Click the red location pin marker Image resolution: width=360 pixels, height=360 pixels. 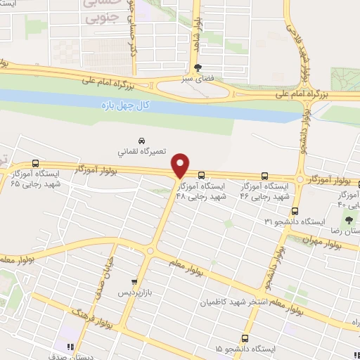coord(181,165)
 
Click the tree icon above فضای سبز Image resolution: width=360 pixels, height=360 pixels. coord(197,67)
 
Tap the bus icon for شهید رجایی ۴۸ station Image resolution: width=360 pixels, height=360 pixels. coord(202,175)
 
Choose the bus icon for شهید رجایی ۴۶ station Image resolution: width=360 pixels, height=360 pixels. coord(264,176)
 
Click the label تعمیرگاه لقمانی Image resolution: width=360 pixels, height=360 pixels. coord(141,150)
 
